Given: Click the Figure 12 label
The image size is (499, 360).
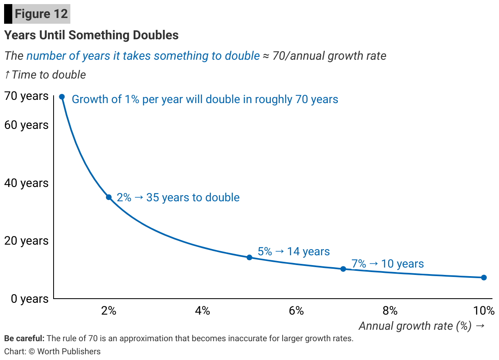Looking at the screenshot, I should click(41, 14).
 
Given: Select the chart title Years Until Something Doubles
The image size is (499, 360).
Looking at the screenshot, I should click(91, 35).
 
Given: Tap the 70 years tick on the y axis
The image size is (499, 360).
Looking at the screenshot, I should click(26, 96).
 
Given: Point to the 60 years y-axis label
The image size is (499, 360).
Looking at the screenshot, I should click(26, 125).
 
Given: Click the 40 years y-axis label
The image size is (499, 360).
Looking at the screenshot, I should click(26, 183).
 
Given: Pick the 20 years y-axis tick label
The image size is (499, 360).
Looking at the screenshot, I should click(26, 241).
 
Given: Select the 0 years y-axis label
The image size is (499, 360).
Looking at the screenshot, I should click(29, 299).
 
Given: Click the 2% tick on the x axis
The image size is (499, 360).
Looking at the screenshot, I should click(109, 311).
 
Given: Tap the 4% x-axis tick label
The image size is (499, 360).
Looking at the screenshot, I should click(202, 311).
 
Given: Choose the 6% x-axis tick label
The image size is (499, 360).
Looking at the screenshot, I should click(296, 311).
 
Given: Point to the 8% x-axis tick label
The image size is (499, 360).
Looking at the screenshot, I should click(390, 311).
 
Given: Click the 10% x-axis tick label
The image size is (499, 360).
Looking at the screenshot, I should click(484, 311).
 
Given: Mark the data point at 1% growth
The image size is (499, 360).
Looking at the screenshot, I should click(62, 97).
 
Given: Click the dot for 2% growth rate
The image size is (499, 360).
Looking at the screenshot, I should click(109, 197).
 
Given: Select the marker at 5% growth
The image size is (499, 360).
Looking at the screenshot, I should click(249, 257).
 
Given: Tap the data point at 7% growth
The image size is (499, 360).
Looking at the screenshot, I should click(343, 269).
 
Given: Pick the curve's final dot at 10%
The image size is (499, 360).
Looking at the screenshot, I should click(484, 277).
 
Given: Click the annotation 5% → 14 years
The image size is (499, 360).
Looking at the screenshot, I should click(294, 251).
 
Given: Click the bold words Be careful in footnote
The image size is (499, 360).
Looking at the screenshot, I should click(24, 339).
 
